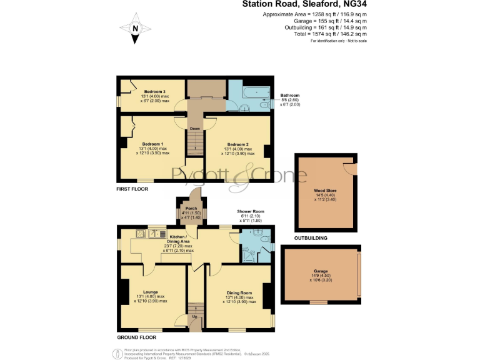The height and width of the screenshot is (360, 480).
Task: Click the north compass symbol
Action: coord(135,29)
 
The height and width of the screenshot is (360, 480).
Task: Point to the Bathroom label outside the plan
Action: coord(290,96)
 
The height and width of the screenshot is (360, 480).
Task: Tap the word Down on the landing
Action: coord(195,129)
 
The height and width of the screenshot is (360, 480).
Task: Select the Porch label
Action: coord(191,209)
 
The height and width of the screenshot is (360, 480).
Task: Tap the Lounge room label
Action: coord(151,292)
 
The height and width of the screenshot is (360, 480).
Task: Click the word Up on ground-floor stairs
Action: coord(195,317)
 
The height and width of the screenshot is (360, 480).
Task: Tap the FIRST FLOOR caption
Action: coord(132,188)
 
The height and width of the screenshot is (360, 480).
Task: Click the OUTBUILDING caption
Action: coord(311,238)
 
